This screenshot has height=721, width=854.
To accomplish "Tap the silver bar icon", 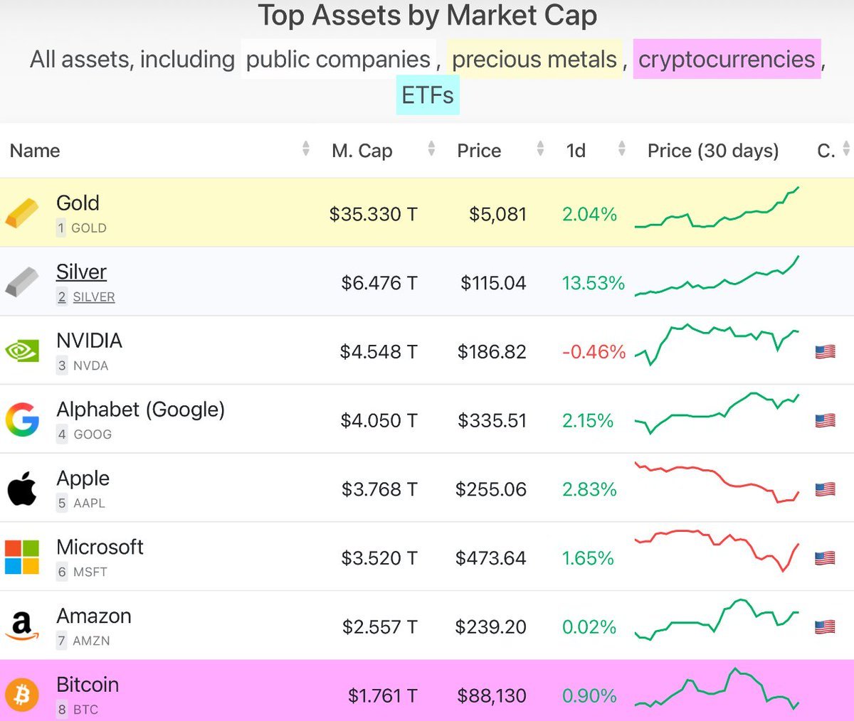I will pos(22,282).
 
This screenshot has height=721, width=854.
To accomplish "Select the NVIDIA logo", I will pos(22,351).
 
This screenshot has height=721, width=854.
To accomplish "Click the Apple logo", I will pos(22,489).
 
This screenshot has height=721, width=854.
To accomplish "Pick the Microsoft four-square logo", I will pos(22,557).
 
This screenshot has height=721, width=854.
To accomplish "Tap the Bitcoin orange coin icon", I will pos(22,695).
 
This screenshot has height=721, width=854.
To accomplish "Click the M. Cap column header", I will pos(362,151).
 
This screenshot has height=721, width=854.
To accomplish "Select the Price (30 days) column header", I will pos(712,151).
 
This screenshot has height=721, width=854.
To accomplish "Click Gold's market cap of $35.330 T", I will pos(373,214).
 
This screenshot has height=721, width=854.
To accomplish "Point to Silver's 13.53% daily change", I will pos(593,283).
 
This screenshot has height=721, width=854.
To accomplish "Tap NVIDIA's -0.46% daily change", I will pos(594,352).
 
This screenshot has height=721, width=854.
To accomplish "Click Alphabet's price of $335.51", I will pos(492,421).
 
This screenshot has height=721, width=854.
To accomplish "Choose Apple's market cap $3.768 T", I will pos(379,490).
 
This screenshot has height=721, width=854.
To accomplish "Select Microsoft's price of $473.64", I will pos(490,558).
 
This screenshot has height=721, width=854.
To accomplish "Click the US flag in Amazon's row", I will pos(825,627).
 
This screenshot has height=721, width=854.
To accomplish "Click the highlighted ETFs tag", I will pos(427,95).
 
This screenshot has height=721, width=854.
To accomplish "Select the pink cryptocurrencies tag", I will pos(726,59).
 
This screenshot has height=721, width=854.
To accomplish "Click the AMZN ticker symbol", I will pos(91,641).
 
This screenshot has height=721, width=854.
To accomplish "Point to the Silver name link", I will pos(81,272).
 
